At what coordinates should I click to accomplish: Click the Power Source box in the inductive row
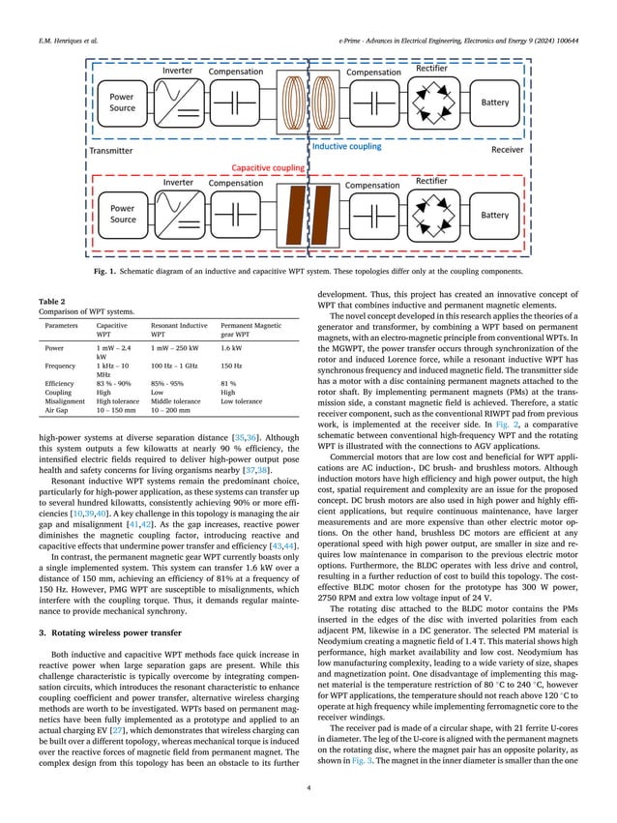pos(123,103)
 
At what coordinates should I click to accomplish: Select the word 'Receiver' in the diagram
pos(507,150)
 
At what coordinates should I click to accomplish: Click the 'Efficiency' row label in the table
pos(57,383)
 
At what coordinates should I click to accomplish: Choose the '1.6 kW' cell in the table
pos(235,347)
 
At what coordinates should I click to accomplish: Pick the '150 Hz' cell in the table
pos(234,366)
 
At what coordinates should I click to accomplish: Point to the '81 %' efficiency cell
pos(232,383)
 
